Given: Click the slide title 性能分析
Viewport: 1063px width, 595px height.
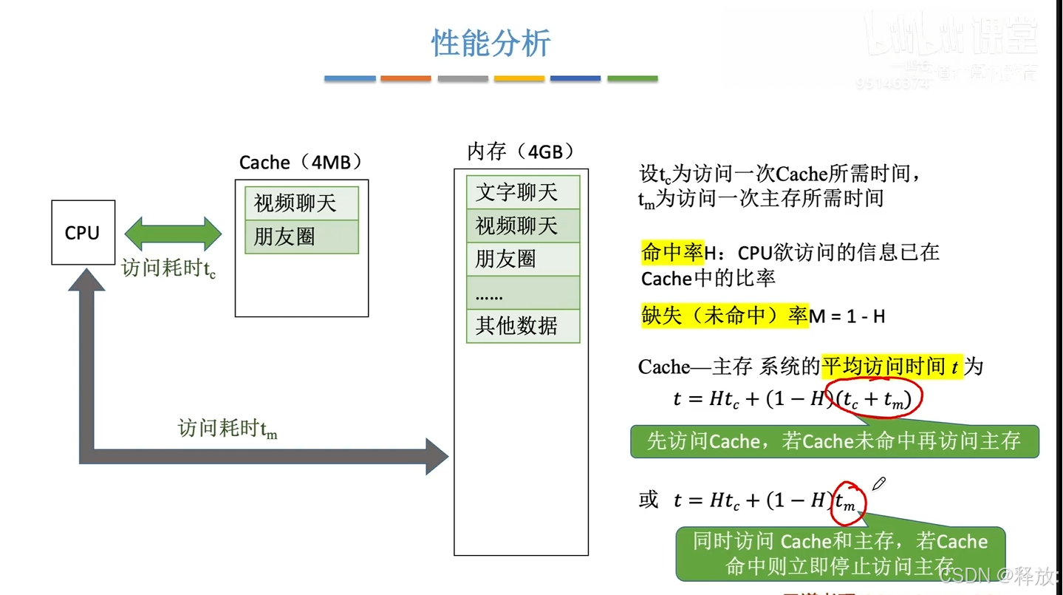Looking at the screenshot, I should pyautogui.click(x=491, y=44).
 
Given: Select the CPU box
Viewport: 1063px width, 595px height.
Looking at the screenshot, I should pyautogui.click(x=83, y=232).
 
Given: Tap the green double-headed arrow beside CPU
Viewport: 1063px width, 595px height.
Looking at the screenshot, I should pyautogui.click(x=173, y=234).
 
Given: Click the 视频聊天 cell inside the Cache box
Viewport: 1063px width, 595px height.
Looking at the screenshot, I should pyautogui.click(x=301, y=203).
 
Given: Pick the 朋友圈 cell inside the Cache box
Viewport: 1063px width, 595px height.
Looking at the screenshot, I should pyautogui.click(x=301, y=237).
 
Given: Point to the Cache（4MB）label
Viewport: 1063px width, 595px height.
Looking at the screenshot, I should pyautogui.click(x=301, y=163).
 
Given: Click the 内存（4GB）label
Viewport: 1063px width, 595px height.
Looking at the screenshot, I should pyautogui.click(x=521, y=152).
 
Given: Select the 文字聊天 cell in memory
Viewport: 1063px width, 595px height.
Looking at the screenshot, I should pyautogui.click(x=523, y=192).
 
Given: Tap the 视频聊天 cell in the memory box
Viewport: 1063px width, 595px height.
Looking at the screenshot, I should pyautogui.click(x=523, y=225).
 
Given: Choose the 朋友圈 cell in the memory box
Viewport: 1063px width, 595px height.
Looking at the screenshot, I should pyautogui.click(x=523, y=259).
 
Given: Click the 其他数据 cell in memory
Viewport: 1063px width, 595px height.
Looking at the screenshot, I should pyautogui.click(x=523, y=325).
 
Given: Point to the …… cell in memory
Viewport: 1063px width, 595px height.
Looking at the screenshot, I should pyautogui.click(x=523, y=293).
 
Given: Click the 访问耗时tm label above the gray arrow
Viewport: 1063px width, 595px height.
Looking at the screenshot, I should pyautogui.click(x=228, y=429).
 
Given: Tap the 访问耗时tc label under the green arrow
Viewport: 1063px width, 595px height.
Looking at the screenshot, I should pyautogui.click(x=168, y=268).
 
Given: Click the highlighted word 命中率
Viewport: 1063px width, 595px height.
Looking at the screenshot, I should pyautogui.click(x=672, y=253).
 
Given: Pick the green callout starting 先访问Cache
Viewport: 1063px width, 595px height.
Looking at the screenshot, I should pyautogui.click(x=834, y=441).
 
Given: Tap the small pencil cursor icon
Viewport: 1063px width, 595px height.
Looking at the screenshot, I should pyautogui.click(x=878, y=484).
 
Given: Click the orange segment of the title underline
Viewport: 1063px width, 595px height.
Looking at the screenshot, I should pyautogui.click(x=406, y=78).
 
